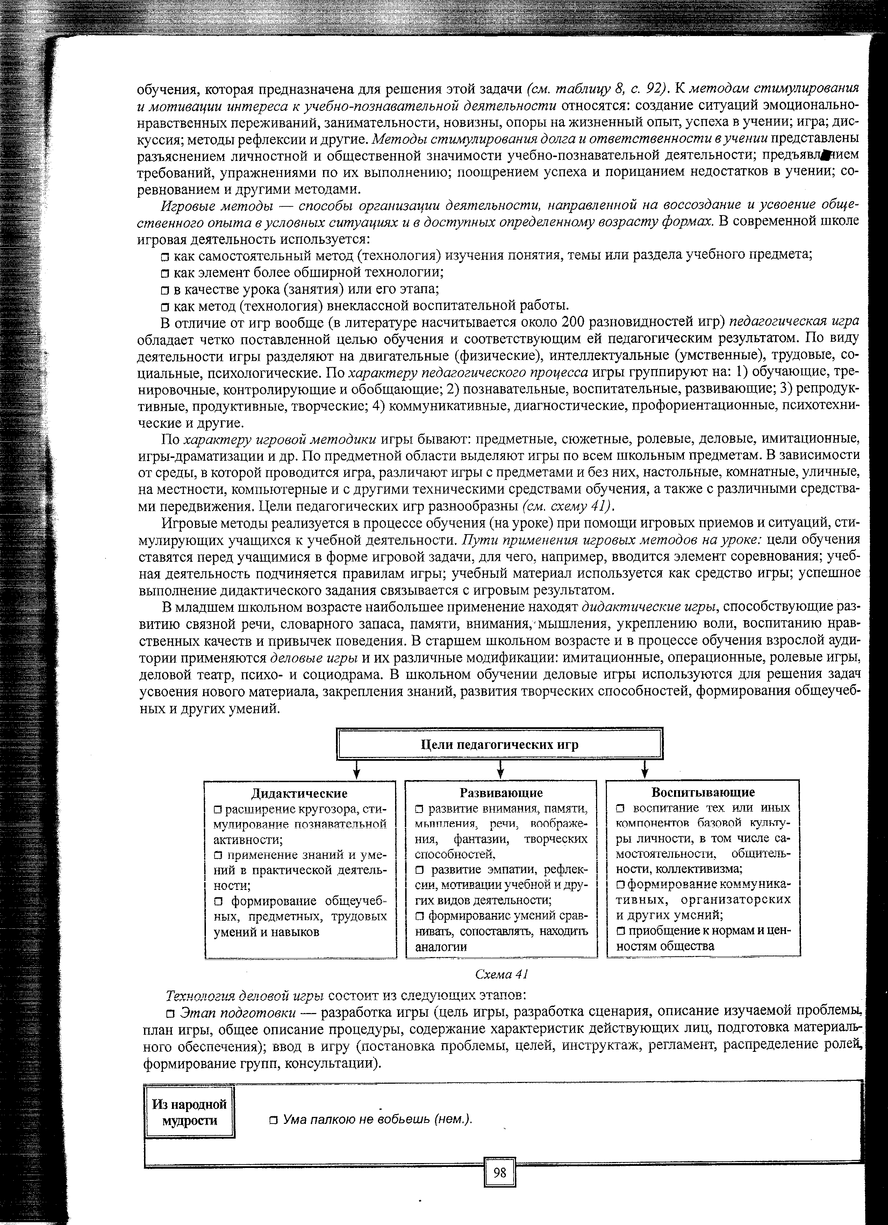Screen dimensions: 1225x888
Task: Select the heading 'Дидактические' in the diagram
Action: (300, 793)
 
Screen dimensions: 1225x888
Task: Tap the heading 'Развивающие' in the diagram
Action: (501, 792)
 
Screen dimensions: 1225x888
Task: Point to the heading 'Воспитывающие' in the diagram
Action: (702, 792)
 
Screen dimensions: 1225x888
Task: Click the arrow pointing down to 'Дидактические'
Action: (356, 769)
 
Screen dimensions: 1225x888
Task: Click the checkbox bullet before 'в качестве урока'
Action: (165, 290)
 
